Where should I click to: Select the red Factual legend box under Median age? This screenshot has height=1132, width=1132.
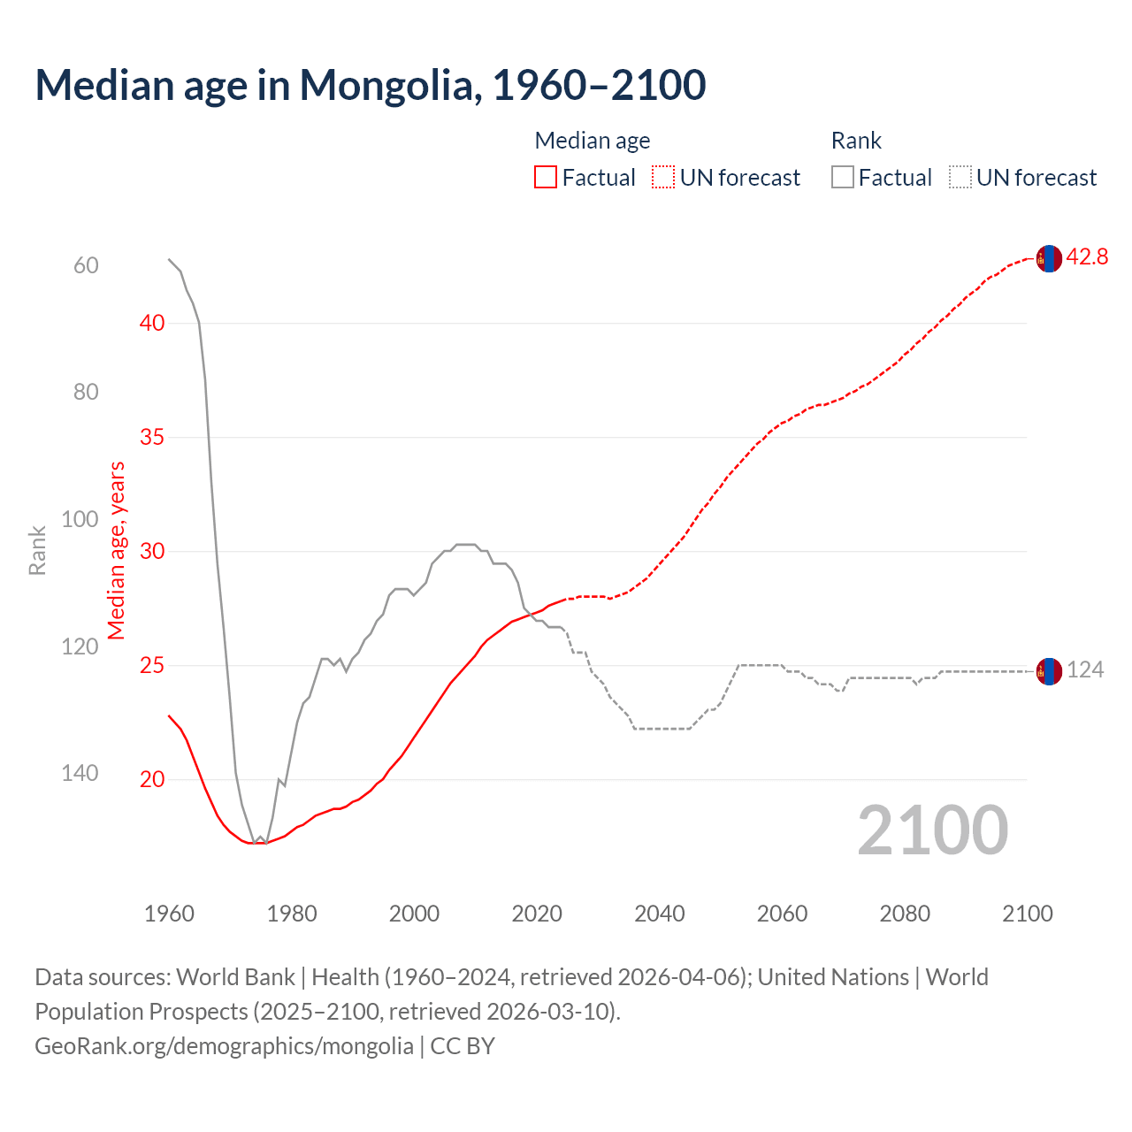tap(546, 178)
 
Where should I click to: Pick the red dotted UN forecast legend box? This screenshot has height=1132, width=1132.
tap(663, 178)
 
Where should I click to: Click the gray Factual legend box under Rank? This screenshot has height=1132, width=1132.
tap(843, 178)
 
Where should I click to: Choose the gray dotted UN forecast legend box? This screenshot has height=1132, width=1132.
tap(960, 178)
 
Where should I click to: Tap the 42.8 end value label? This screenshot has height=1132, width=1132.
tap(1087, 257)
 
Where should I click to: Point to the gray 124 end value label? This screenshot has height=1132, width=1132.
tap(1085, 670)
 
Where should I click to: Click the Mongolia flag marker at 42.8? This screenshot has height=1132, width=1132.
tap(1049, 258)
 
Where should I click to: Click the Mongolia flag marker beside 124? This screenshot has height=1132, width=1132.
tap(1049, 671)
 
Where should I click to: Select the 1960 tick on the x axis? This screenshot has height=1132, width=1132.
tap(169, 914)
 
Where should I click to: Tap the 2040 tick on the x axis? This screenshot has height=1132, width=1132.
tap(660, 914)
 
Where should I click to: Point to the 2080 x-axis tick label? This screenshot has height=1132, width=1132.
tap(905, 914)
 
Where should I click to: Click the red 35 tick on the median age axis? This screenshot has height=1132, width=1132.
tap(152, 438)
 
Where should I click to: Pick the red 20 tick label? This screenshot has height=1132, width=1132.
tap(152, 779)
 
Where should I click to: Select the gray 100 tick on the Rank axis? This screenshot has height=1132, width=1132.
tap(80, 519)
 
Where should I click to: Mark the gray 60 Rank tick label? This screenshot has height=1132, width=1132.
tap(86, 266)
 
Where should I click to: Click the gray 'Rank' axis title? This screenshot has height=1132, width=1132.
tap(37, 551)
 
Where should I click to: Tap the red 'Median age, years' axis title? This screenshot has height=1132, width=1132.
tap(117, 551)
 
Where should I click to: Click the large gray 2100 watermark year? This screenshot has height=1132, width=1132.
tap(932, 830)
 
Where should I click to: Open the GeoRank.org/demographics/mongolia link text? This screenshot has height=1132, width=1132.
tap(224, 1046)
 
